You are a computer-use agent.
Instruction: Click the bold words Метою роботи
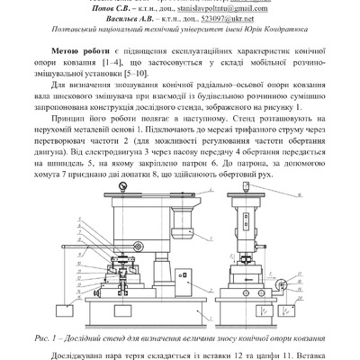(x=83, y=53)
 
